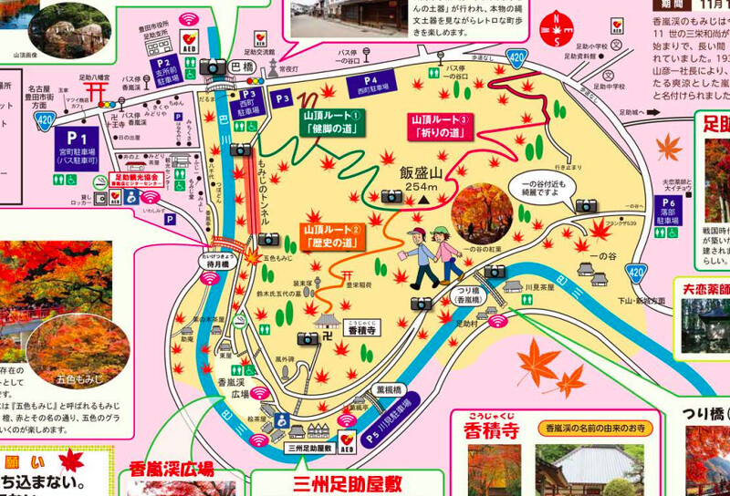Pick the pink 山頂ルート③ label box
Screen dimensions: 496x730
pos(440,126)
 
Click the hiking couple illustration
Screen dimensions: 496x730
pos(428,253)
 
